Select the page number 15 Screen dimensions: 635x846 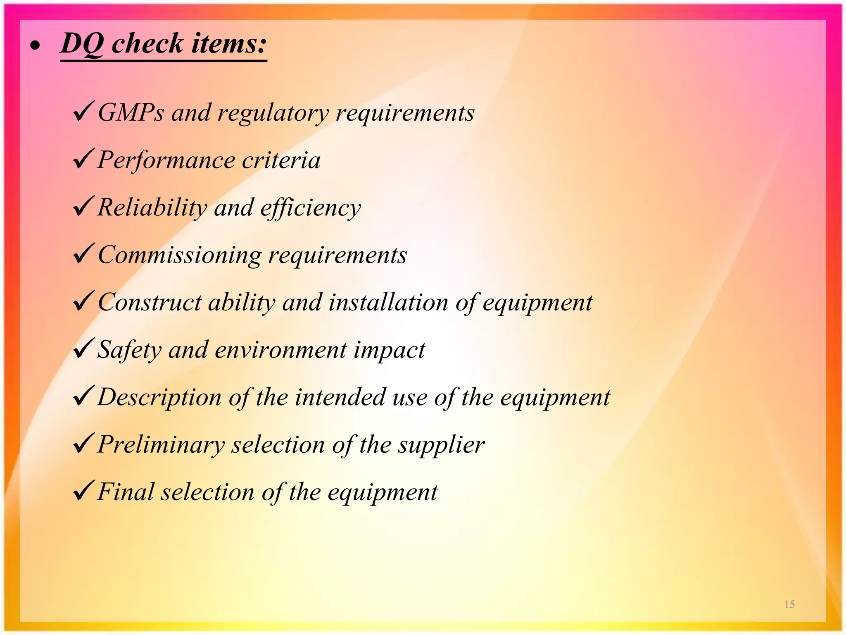pyautogui.click(x=789, y=604)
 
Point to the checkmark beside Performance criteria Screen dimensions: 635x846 pyautogui.click(x=83, y=159)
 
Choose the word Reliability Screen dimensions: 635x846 pyautogui.click(x=152, y=208)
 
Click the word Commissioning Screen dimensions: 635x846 pyautogui.click(x=180, y=255)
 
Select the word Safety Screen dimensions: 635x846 pyautogui.click(x=129, y=350)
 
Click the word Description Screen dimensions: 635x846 pyautogui.click(x=159, y=397)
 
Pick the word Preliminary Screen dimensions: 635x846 pyautogui.click(x=161, y=445)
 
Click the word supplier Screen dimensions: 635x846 pyautogui.click(x=441, y=446)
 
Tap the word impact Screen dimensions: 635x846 pyautogui.click(x=389, y=351)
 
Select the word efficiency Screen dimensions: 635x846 pyautogui.click(x=311, y=208)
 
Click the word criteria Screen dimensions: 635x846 pyautogui.click(x=281, y=160)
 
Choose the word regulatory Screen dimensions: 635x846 pyautogui.click(x=273, y=113)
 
